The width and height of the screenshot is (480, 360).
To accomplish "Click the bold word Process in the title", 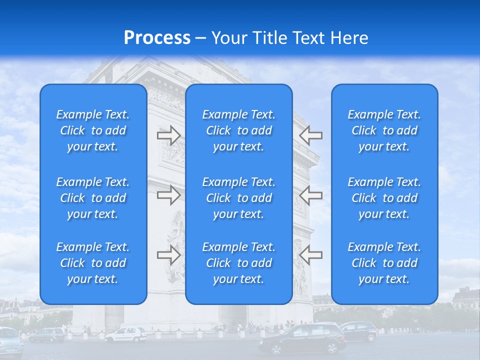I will (157, 38).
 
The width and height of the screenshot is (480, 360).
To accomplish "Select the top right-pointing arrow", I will (168, 135).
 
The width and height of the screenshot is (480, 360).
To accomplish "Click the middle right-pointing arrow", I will (168, 194).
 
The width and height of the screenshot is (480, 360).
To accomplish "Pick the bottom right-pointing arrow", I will (168, 255).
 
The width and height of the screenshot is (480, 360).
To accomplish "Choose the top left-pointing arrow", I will (311, 135).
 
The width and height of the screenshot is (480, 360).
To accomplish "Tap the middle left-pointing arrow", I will (311, 194).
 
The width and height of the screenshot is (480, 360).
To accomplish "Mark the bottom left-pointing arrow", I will (311, 255).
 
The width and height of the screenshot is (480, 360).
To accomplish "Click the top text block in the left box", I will (93, 130).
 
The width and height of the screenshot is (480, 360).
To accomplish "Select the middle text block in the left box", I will (93, 198).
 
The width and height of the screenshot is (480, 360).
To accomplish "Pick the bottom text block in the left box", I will (93, 263).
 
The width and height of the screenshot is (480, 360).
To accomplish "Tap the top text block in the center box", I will (238, 130).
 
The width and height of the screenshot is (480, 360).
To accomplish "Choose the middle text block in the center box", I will (238, 198).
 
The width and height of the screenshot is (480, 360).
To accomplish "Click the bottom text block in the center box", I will (238, 263).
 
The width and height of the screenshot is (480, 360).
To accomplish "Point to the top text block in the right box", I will (384, 130).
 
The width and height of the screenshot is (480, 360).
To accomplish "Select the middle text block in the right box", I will (384, 198).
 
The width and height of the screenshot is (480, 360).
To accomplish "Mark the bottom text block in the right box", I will (384, 263).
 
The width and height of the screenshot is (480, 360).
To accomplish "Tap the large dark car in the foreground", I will (303, 339).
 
